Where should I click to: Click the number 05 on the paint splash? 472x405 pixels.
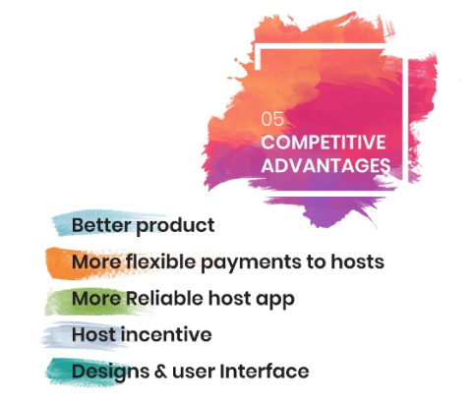[272, 119]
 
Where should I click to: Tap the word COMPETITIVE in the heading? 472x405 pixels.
[324, 143]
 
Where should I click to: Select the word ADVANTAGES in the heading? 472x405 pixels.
[325, 165]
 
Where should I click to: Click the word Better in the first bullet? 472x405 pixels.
[102, 225]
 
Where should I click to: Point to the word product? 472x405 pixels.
[175, 226]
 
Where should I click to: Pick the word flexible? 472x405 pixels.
[160, 261]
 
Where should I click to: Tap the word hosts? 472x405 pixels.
[357, 261]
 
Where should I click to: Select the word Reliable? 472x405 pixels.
[165, 298]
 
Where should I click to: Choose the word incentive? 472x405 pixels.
[166, 334]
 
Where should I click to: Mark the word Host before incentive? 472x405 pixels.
[94, 334]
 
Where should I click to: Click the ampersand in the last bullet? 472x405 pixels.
[160, 372]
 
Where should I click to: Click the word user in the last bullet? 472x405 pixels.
[194, 373]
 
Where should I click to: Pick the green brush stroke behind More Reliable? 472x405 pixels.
[95, 302]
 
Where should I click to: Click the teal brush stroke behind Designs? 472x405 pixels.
[86, 372]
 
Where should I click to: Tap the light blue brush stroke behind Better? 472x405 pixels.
[105, 222]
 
